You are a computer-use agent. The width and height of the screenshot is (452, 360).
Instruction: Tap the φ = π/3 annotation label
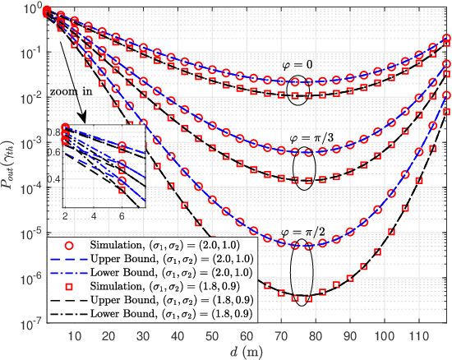pyautogui.click(x=305, y=137)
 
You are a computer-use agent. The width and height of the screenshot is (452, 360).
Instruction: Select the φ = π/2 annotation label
pyautogui.click(x=305, y=232)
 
